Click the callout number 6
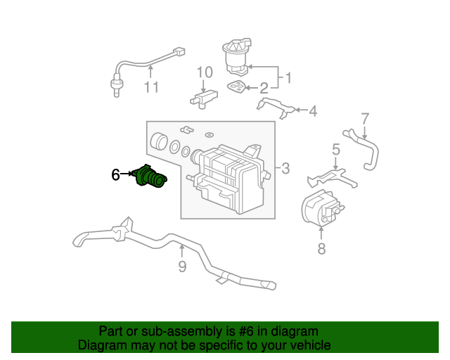coord(115,174)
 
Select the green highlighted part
coord(149,176)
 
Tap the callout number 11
coord(151,87)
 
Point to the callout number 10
coord(205,72)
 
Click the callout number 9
coord(182,266)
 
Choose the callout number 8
coord(321,249)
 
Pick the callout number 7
coord(365,119)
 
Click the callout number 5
coord(336,150)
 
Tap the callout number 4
coord(313,111)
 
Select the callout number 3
coord(285,168)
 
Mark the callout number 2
coord(264,89)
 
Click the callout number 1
coord(288,78)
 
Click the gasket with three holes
coord(236,86)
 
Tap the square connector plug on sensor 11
coord(179,52)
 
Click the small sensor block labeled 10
coord(204,98)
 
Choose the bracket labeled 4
coord(276,108)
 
